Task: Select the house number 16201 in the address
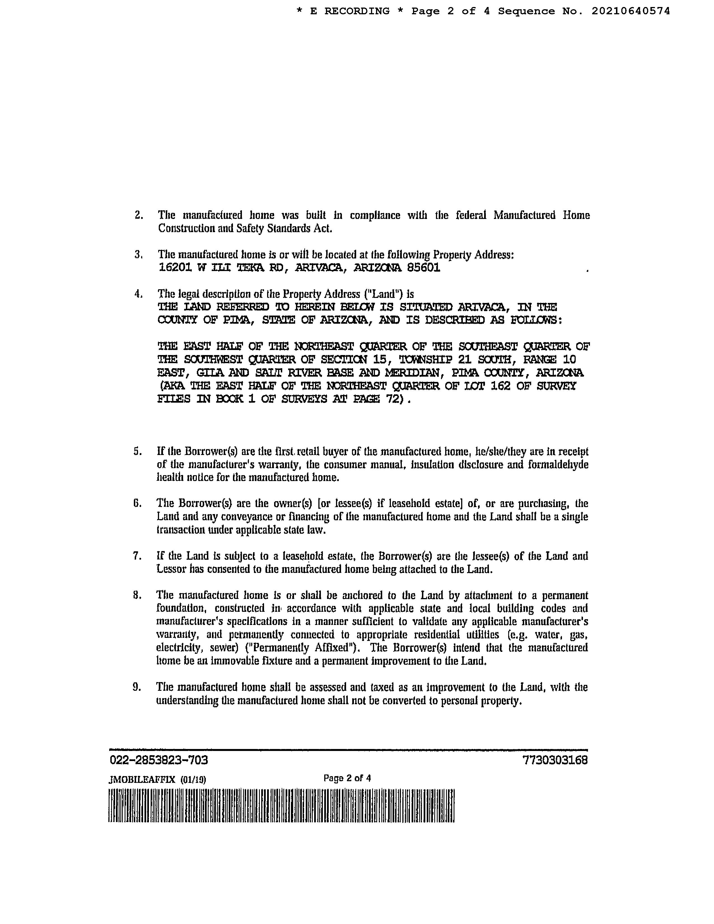coord(176,268)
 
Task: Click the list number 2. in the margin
coord(139,215)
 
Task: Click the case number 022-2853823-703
coord(158,760)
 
